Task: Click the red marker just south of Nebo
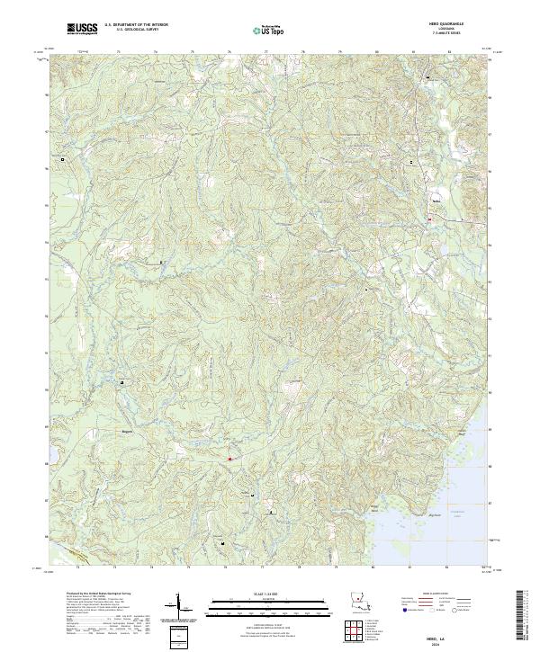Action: (x=431, y=218)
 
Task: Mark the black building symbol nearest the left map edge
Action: (x=63, y=159)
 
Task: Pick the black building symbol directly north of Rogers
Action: (x=122, y=382)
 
